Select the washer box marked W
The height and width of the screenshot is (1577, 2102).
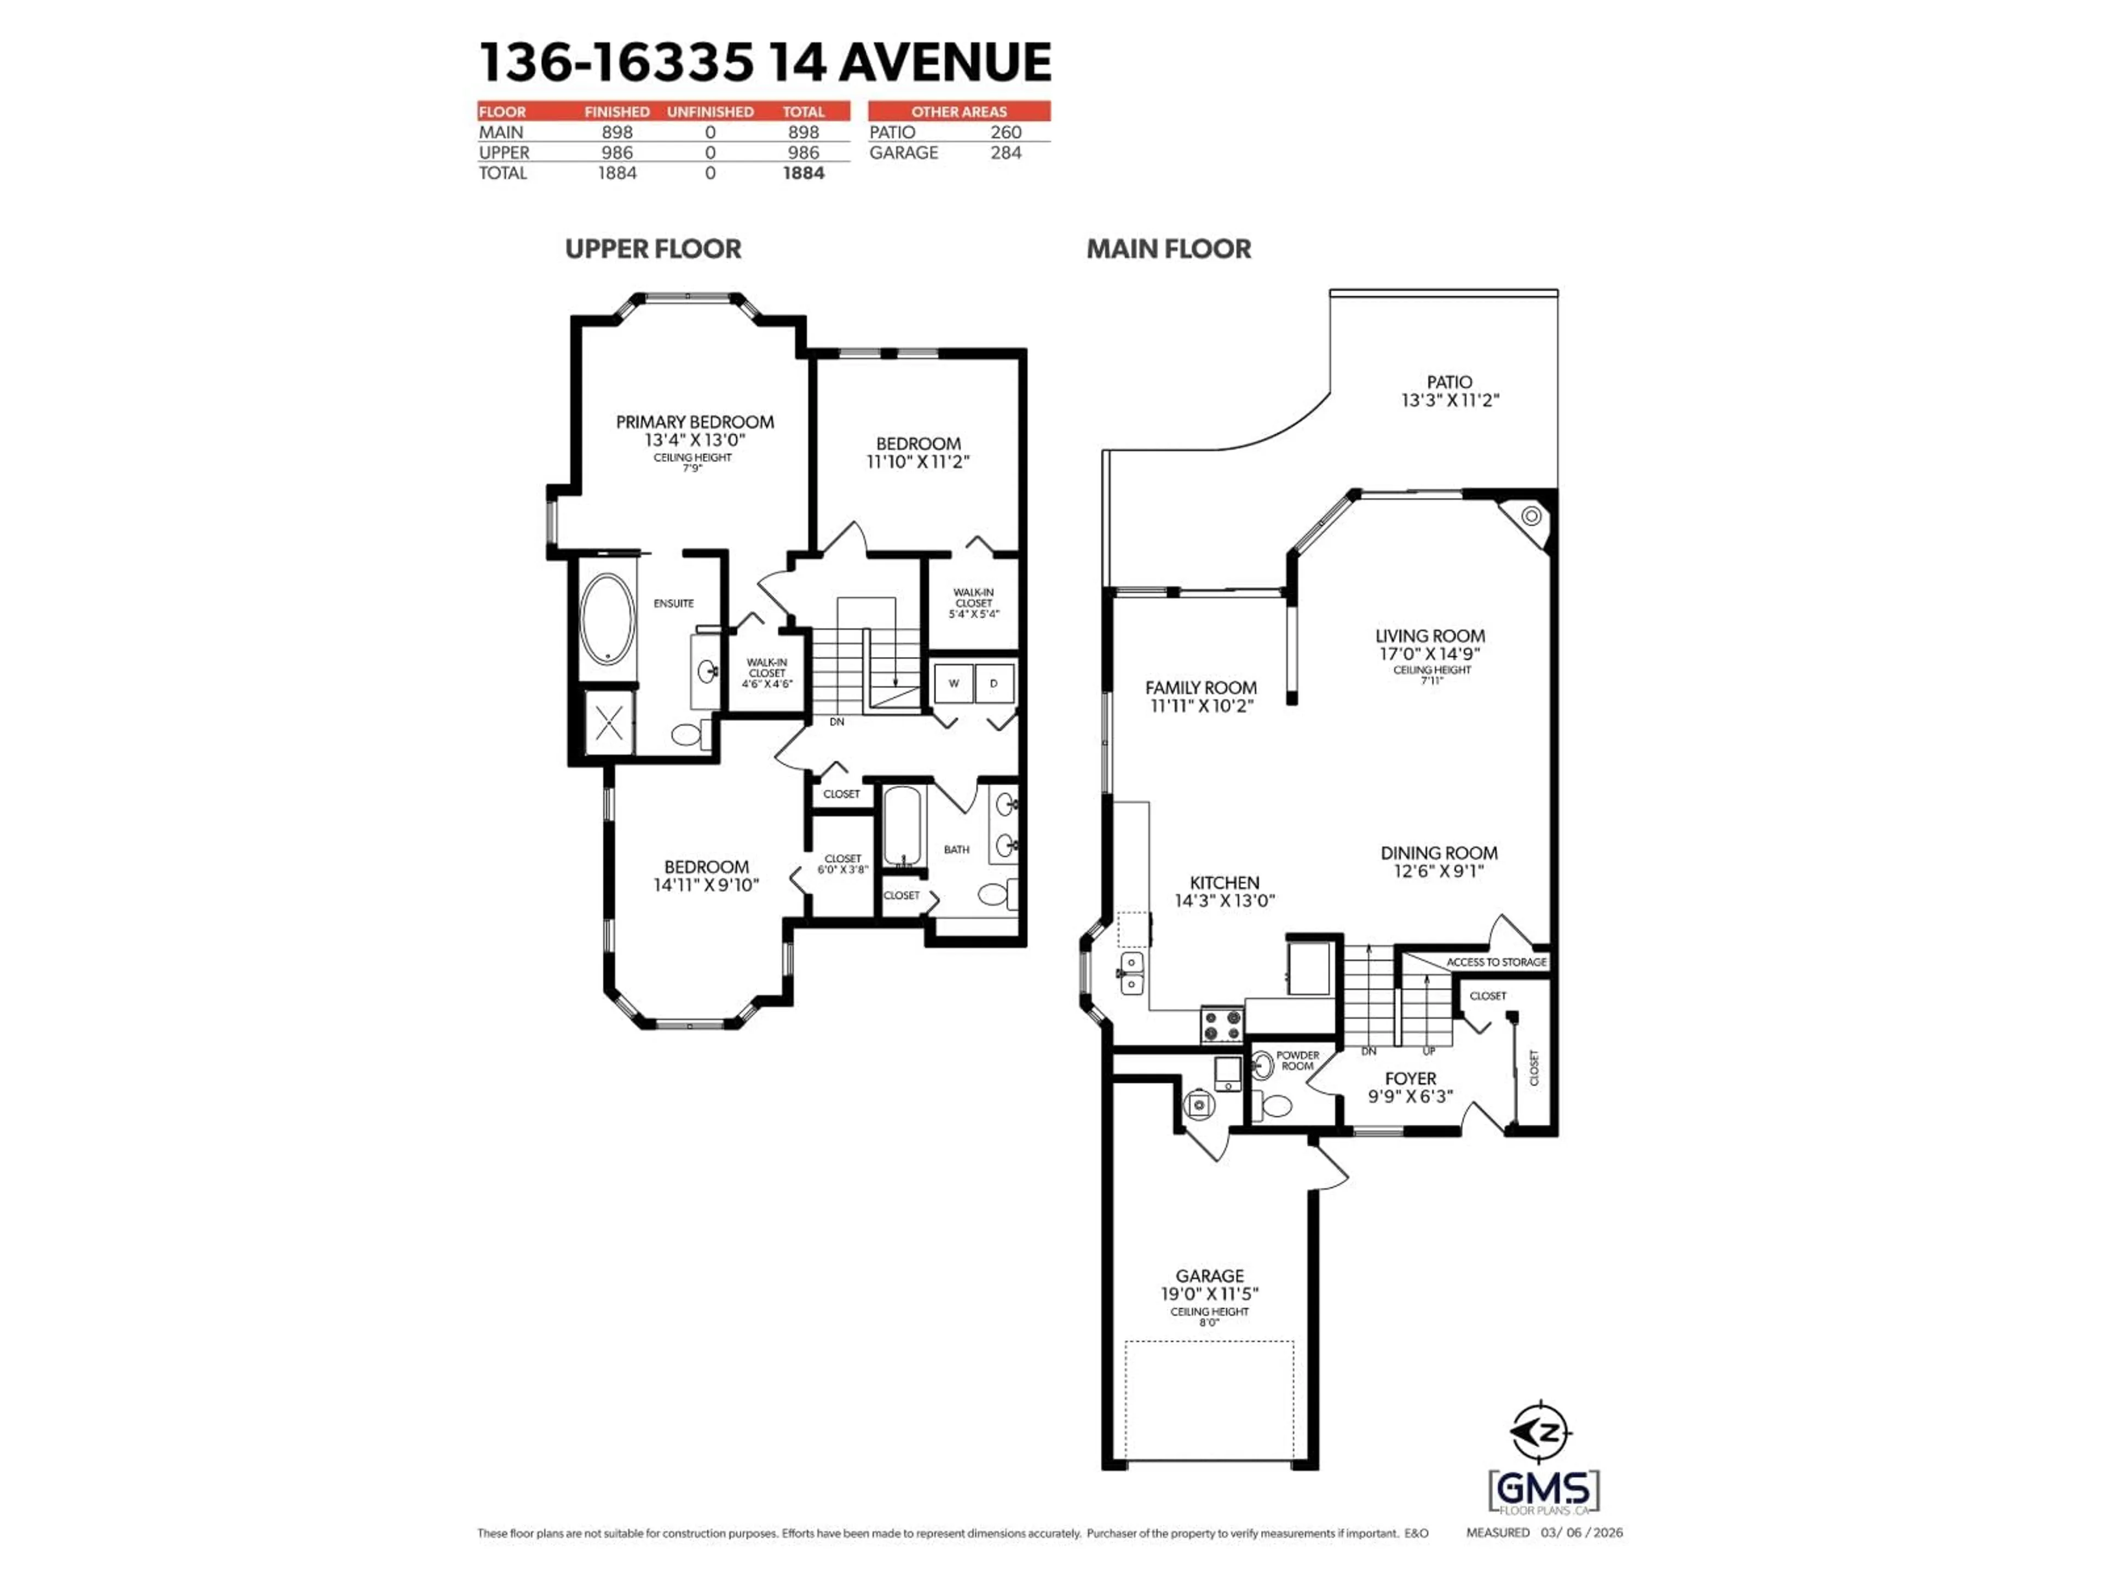[953, 682]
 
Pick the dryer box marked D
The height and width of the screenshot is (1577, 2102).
[994, 682]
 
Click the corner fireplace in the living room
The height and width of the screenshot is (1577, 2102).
[1531, 516]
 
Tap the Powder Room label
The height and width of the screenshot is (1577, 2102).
[1297, 1060]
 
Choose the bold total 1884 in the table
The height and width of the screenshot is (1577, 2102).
[803, 173]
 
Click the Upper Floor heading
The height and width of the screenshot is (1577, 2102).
[653, 249]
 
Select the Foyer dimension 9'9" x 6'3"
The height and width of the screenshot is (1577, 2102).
[1410, 1096]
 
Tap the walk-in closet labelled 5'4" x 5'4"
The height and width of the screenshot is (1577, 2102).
[973, 603]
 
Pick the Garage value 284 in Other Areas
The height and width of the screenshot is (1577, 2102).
[1006, 153]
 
